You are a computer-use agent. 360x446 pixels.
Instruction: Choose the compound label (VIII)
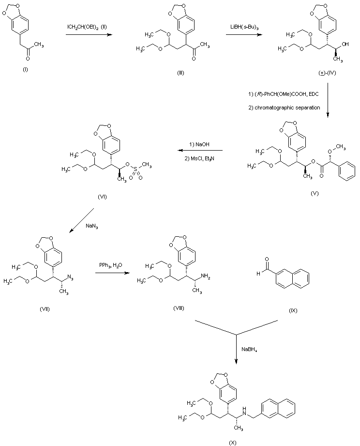178,308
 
